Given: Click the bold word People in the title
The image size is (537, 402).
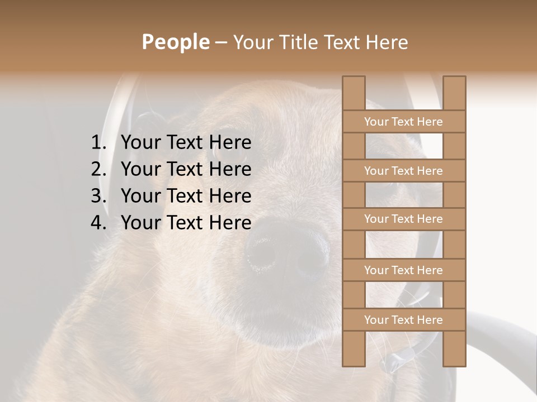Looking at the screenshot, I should click(175, 42).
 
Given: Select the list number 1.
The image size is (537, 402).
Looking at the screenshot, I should click(98, 143).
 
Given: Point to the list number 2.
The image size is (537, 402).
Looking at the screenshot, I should click(98, 169).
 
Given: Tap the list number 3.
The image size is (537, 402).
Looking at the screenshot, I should click(98, 196).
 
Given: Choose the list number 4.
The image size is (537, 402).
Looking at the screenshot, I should click(98, 223).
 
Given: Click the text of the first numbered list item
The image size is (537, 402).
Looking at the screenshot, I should click(186, 143).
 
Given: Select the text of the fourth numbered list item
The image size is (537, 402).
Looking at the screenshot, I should click(186, 223).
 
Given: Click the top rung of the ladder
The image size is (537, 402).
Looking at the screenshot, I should click(404, 122).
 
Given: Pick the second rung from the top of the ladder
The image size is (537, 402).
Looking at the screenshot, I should click(404, 171).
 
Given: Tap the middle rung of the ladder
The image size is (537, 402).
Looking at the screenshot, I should click(404, 219).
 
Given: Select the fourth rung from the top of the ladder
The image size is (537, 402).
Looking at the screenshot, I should click(404, 270).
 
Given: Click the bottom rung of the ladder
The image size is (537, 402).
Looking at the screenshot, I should click(404, 320).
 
